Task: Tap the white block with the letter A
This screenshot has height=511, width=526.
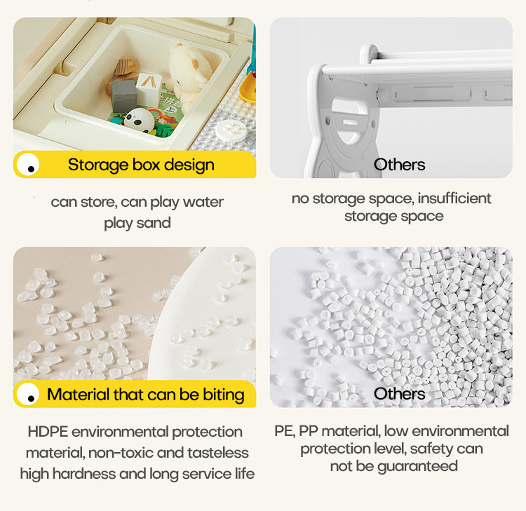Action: tap(149, 89)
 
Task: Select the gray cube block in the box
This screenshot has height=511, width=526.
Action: tap(123, 96)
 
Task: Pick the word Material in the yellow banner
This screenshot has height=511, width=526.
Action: tap(78, 395)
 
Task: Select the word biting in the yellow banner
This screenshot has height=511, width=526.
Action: tap(224, 395)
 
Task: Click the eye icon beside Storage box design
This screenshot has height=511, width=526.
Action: tap(28, 164)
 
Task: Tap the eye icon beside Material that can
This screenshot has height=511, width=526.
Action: tap(28, 394)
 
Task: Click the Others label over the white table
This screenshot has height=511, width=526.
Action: tap(399, 165)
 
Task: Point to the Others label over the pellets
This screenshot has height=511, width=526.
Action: tap(399, 394)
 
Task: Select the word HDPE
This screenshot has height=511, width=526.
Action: tap(48, 432)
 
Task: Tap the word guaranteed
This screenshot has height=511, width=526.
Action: tap(417, 466)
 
